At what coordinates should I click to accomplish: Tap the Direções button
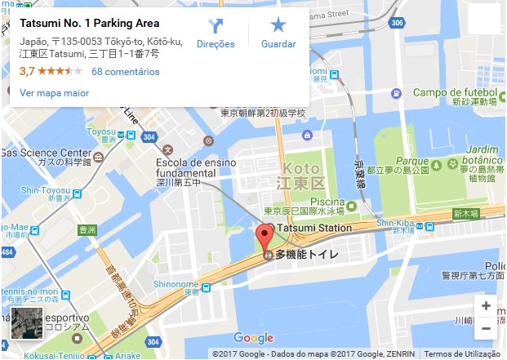tap(216, 33)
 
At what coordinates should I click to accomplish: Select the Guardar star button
tap(278, 33)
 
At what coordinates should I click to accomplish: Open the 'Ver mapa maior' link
tap(54, 93)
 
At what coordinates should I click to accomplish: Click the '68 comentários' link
tap(125, 72)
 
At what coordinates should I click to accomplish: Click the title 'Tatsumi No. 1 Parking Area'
tap(90, 23)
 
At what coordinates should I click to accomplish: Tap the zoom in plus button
tap(486, 306)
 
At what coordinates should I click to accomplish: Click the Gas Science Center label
tap(46, 153)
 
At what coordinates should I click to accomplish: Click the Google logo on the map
tap(253, 338)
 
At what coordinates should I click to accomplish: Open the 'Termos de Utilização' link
tap(461, 354)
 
